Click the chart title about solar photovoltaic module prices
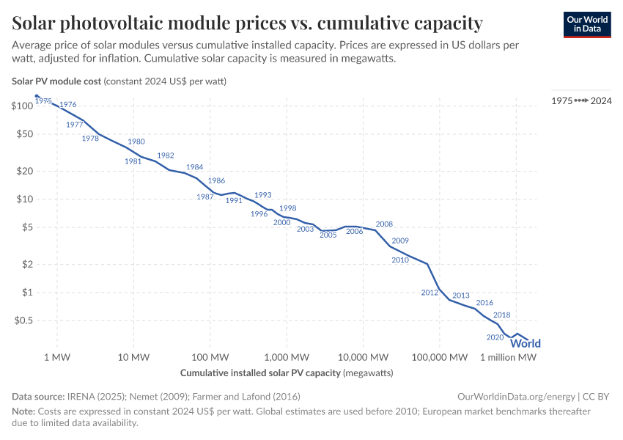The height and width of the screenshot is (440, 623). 247,23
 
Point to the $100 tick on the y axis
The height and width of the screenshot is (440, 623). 23,106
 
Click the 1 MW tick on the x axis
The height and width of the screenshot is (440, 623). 56,357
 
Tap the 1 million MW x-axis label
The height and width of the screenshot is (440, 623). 509,357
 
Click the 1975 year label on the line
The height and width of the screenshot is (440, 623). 43,101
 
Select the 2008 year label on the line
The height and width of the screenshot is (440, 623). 384,224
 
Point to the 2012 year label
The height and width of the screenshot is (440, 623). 430,293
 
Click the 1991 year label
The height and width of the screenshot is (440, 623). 234,200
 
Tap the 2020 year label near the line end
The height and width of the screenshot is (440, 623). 495,337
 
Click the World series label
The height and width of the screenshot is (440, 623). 526,343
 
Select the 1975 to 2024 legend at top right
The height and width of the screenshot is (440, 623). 581,100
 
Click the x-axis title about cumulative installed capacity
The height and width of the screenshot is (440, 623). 287,373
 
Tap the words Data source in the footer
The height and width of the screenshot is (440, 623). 37,396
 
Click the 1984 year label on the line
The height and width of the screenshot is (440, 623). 194,167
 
